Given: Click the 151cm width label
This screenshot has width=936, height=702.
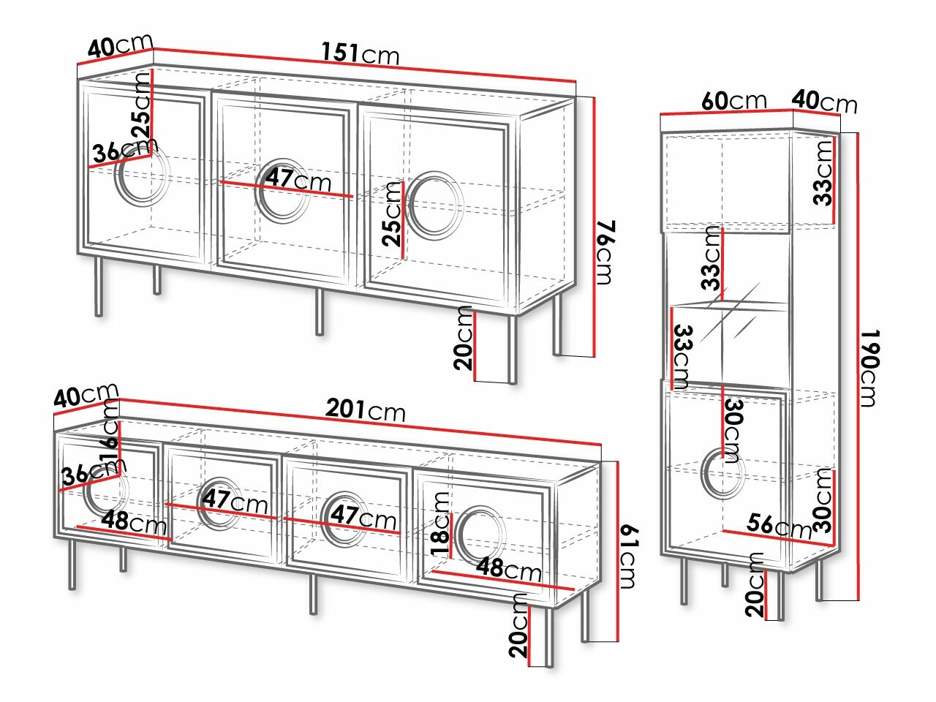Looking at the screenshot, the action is point(361,53).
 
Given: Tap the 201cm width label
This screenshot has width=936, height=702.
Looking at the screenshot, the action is point(366,410).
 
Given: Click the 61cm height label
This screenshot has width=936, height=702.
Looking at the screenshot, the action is point(628,557).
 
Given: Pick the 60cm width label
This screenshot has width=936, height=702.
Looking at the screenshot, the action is point(734,101).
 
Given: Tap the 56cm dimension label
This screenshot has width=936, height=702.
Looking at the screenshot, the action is point(779,526).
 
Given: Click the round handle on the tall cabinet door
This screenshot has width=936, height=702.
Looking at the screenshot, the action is point(722,472).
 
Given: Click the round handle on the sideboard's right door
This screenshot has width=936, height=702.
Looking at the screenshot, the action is point(434,205).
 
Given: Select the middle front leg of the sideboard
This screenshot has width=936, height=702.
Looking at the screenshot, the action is point(320,312).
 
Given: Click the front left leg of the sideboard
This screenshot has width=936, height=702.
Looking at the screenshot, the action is point(99,287).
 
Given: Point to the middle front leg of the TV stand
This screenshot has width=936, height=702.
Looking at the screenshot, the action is point(314,594).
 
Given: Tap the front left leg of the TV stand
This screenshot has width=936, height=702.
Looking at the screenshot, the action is point(72,565).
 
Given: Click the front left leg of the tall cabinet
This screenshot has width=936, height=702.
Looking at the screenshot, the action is point(684,581).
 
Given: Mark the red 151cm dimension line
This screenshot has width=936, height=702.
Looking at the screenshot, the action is point(365,65).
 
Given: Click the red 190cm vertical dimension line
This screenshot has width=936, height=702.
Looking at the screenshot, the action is point(858,366).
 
